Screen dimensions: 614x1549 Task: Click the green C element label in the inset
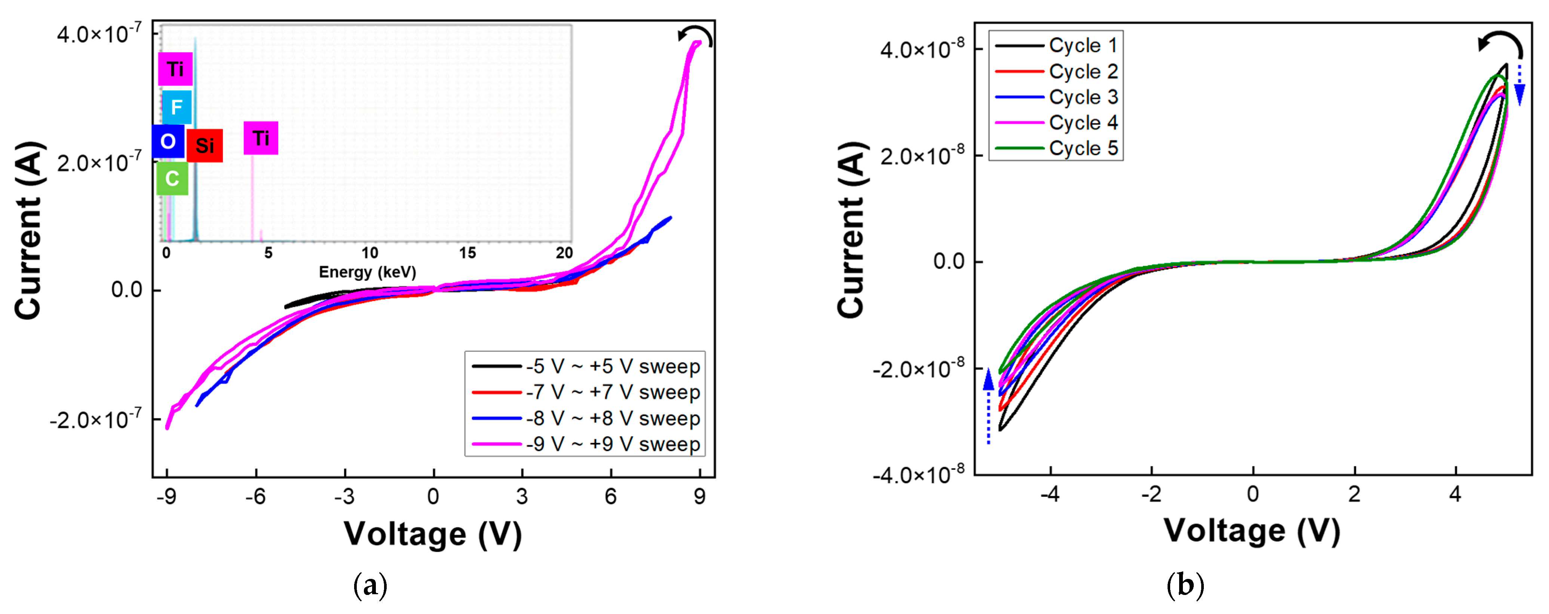tap(172, 179)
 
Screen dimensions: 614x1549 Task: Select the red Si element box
tap(205, 145)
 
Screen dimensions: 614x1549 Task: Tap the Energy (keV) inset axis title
tap(367, 272)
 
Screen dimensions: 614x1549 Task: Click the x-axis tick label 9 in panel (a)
tap(699, 497)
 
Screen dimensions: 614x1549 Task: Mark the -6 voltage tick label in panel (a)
tap(255, 497)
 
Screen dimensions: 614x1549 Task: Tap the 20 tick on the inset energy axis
tap(564, 253)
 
